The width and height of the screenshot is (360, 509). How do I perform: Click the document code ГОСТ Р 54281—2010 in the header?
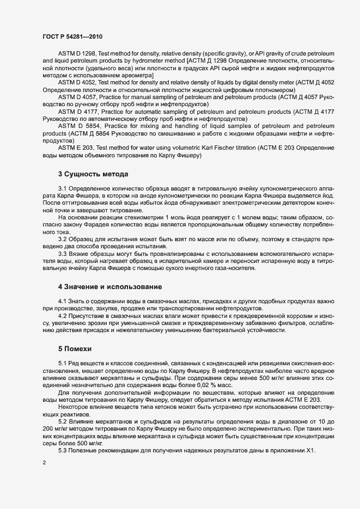click(72, 35)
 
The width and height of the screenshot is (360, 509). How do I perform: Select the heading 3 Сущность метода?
click(93, 174)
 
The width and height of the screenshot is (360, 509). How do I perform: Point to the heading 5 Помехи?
click(75, 347)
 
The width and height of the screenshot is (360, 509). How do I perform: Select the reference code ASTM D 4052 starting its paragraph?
click(77, 82)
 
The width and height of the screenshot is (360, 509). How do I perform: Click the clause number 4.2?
click(63, 316)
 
